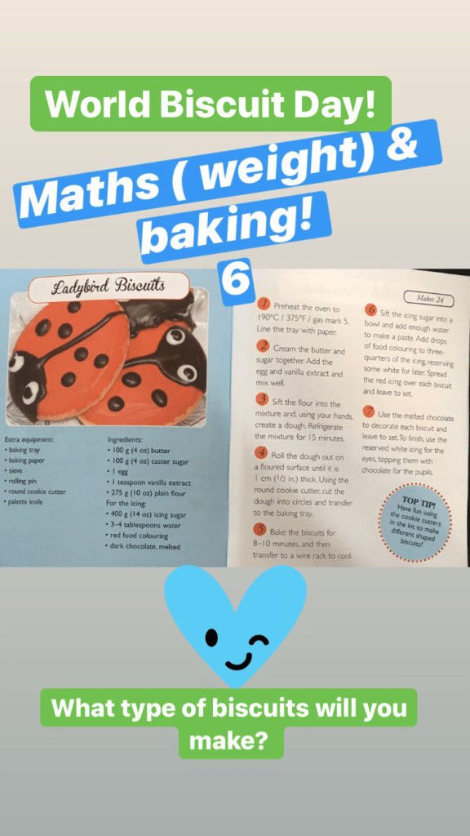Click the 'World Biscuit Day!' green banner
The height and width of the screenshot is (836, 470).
(211, 104)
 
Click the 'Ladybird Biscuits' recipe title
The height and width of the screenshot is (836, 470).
(109, 288)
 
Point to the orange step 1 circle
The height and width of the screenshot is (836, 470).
(263, 305)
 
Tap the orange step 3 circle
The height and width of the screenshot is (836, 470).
(262, 399)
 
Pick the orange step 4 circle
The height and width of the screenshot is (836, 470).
(261, 452)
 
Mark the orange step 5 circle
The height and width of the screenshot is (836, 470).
(260, 529)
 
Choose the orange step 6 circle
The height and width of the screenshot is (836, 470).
(370, 310)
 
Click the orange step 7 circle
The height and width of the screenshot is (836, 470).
(369, 411)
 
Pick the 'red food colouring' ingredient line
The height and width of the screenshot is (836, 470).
(137, 536)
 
